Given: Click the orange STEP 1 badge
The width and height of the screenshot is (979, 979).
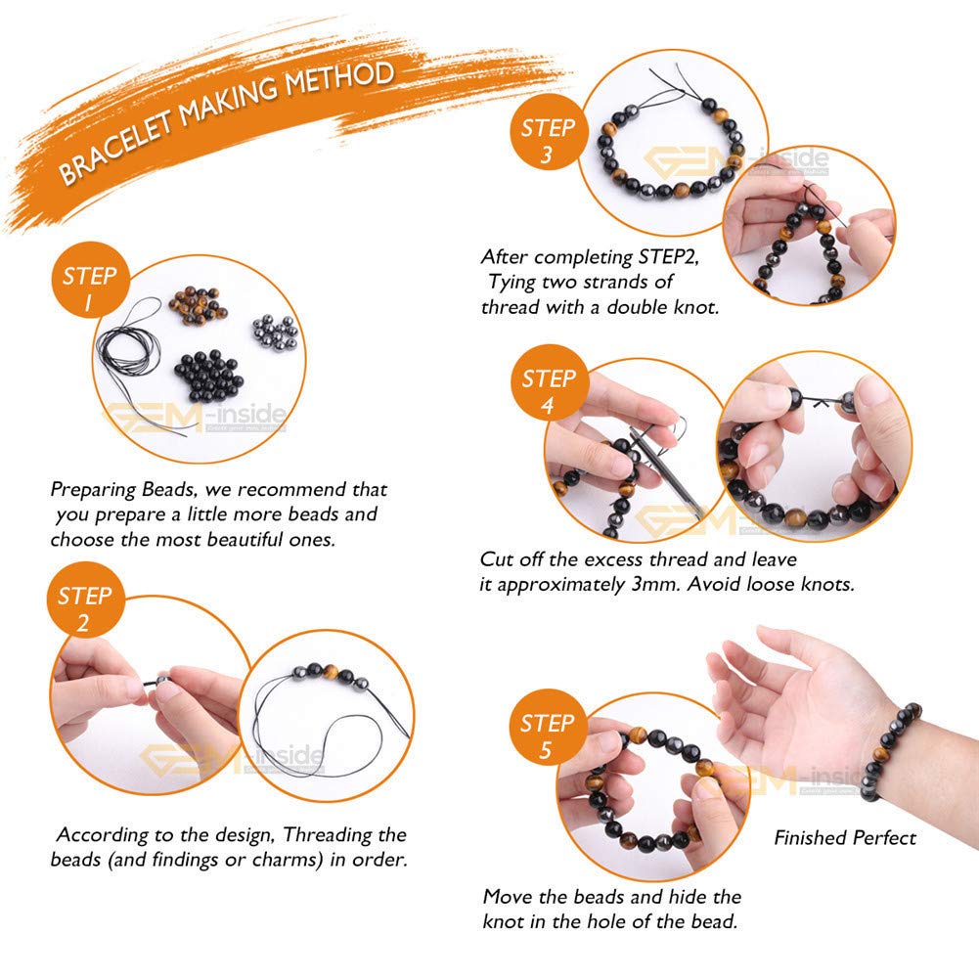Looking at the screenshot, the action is click(90, 280).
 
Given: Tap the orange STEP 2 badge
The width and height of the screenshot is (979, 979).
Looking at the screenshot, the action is click(85, 600).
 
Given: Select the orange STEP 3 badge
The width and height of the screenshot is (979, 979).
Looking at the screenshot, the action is click(549, 132).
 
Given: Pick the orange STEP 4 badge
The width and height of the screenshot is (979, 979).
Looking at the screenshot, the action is click(550, 382).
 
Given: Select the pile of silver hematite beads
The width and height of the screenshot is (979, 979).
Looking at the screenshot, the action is click(276, 332).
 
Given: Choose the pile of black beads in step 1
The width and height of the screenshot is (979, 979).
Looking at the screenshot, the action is click(208, 377).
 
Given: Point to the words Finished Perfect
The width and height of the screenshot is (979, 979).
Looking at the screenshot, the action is click(845, 838).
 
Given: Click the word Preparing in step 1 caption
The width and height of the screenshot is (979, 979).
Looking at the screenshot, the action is click(93, 490).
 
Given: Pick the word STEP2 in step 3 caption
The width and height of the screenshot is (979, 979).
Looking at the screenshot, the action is click(668, 257).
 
